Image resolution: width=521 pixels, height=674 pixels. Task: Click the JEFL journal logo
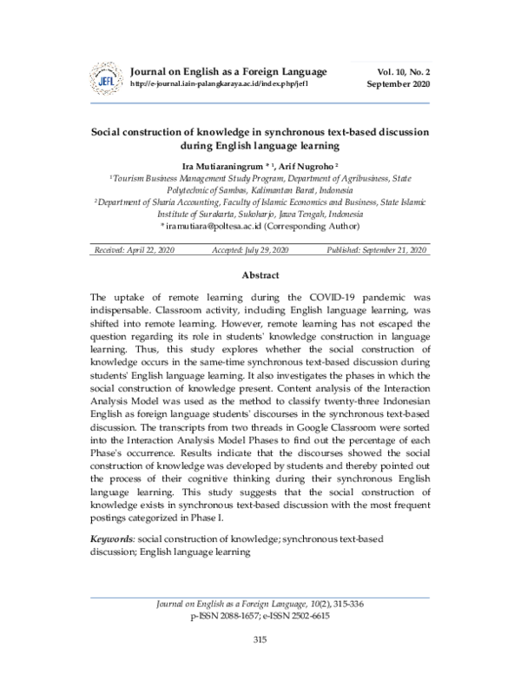click(107, 80)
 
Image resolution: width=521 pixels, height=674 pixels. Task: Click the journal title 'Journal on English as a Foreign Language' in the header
click(228, 70)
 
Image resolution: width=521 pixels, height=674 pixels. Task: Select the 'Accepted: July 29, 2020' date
click(251, 249)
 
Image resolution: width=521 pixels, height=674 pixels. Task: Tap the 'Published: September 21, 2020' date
click(377, 249)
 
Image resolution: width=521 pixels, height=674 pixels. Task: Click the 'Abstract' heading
click(260, 275)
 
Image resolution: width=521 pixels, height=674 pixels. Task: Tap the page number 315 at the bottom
click(259, 640)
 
